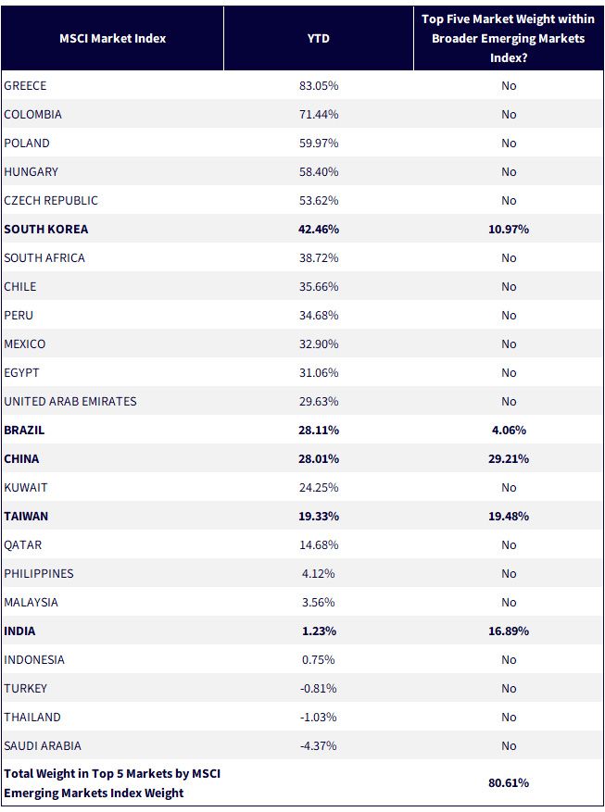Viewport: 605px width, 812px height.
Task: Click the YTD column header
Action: (x=318, y=38)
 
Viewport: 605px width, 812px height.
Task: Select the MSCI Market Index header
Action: (x=112, y=38)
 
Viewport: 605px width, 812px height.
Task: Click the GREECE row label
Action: (x=25, y=85)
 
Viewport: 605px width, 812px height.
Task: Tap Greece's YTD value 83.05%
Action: (x=319, y=85)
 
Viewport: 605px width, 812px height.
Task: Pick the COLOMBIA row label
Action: (x=32, y=115)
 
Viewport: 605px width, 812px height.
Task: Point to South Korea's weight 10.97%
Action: (x=508, y=229)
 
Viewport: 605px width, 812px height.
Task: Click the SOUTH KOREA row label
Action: (x=46, y=229)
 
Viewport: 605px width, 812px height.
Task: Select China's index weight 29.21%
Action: (x=508, y=459)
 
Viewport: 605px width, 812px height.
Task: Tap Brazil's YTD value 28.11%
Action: (x=319, y=430)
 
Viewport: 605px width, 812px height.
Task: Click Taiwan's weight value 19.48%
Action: (x=508, y=517)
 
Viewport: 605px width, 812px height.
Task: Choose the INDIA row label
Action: (x=19, y=631)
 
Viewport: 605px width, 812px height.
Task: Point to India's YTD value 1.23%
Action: (x=319, y=631)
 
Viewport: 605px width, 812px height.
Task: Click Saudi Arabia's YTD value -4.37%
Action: (x=319, y=745)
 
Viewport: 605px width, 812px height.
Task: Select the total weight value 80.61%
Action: (x=508, y=782)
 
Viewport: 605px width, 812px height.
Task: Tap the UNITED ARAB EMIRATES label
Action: (x=70, y=401)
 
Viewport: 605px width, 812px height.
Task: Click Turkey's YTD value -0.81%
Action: (x=319, y=688)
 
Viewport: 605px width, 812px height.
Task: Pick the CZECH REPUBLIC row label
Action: (x=51, y=200)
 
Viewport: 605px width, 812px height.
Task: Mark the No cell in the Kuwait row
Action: (x=509, y=487)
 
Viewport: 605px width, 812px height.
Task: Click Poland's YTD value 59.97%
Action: (x=319, y=143)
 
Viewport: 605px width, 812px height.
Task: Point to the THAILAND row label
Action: (x=32, y=718)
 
